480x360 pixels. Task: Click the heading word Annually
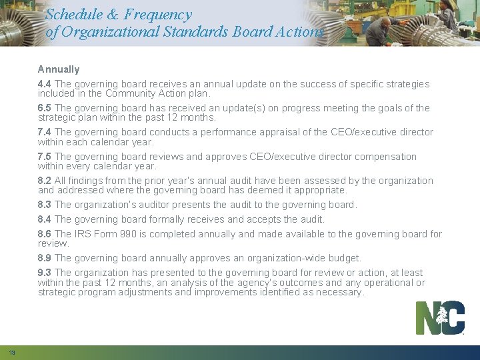pos(59,69)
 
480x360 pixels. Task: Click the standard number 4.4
pos(45,84)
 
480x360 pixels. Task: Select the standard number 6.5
pos(45,108)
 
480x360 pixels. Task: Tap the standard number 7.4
pos(45,132)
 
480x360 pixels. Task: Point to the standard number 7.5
pos(45,157)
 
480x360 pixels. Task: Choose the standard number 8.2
pos(45,181)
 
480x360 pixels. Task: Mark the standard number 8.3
pos(45,205)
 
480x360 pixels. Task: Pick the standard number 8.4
pos(45,219)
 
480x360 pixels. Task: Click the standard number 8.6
pos(45,234)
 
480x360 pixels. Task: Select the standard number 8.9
pos(45,258)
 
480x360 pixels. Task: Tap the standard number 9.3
pos(45,273)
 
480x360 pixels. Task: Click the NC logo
pos(440,318)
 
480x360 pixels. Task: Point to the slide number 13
pos(12,353)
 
